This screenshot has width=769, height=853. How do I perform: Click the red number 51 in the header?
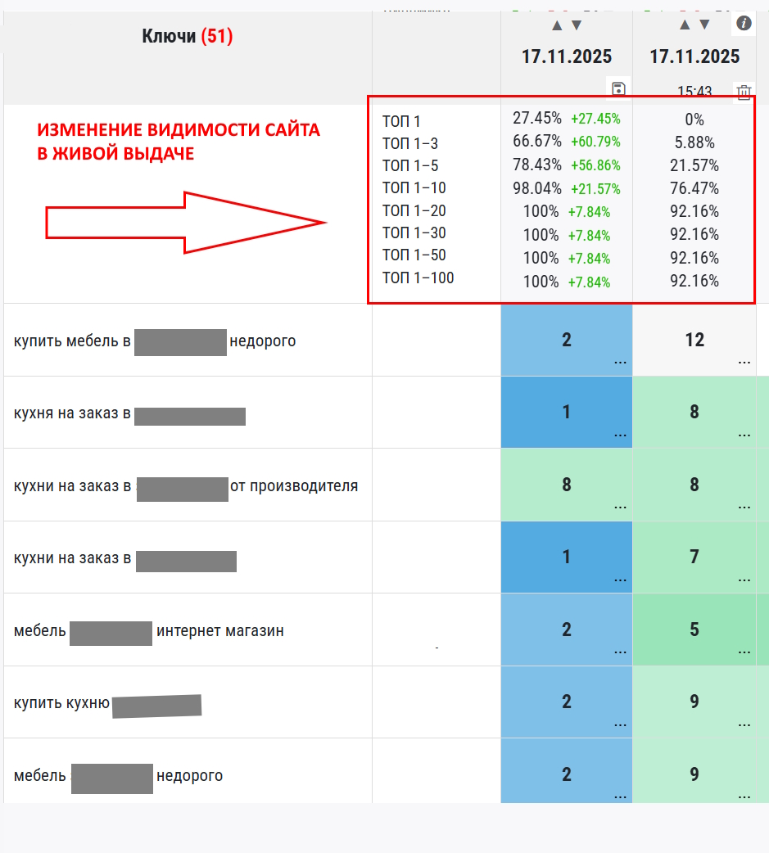[217, 37]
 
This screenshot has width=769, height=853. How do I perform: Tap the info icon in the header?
[744, 23]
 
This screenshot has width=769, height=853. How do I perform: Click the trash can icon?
[744, 92]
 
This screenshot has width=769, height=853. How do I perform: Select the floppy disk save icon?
[618, 89]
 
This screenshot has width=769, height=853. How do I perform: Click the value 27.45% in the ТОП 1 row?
[537, 119]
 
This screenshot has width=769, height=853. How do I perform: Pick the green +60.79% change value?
[595, 142]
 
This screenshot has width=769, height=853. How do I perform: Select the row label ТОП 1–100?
[418, 278]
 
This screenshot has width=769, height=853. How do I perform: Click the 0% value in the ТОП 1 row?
[694, 120]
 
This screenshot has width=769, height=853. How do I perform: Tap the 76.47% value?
[694, 188]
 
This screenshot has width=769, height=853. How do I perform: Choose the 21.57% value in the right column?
[694, 165]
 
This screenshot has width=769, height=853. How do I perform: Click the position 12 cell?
[694, 340]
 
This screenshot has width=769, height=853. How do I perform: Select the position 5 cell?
[694, 630]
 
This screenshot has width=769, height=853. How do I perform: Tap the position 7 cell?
[694, 557]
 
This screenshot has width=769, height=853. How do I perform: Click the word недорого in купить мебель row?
[263, 341]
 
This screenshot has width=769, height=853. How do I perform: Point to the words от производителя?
[294, 486]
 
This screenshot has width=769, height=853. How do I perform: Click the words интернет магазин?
[220, 631]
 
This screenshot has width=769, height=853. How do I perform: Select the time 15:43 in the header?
[694, 92]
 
